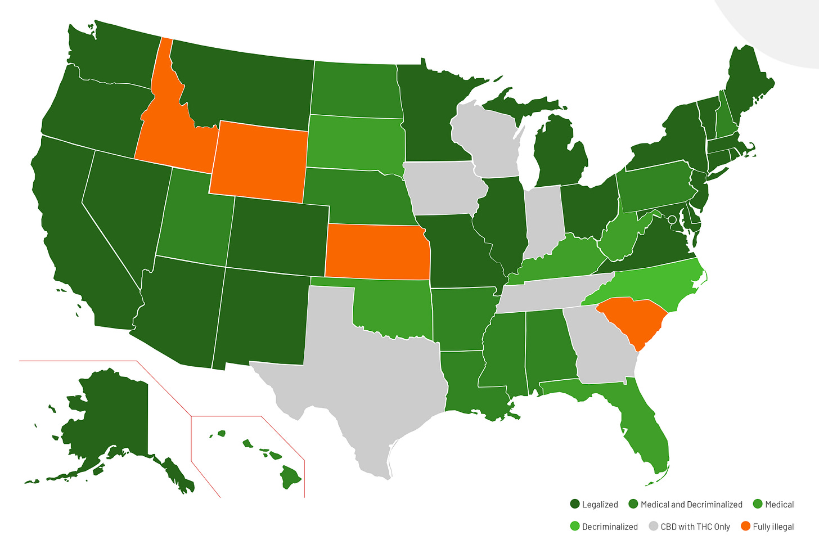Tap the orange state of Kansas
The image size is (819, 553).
pyautogui.click(x=377, y=251)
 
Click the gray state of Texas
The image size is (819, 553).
pyautogui.click(x=360, y=371)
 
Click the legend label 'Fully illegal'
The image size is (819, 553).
pyautogui.click(x=773, y=527)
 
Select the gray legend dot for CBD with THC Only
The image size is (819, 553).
pyautogui.click(x=652, y=527)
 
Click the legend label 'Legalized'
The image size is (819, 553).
pyautogui.click(x=600, y=505)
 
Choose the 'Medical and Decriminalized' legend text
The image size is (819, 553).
pyautogui.click(x=691, y=505)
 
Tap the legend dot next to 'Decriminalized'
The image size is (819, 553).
pyautogui.click(x=574, y=527)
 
